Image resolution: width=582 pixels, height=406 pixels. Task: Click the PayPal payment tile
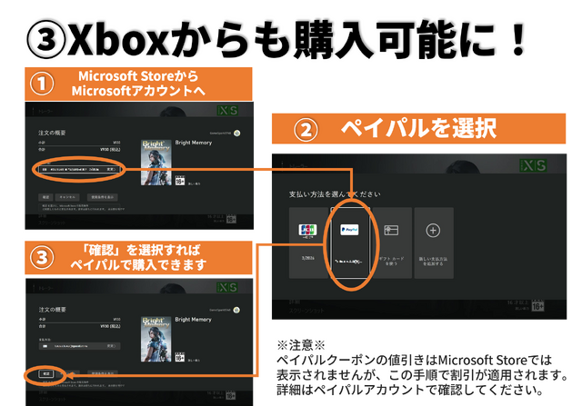(x=349, y=241)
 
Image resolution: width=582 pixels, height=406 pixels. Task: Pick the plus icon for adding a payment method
(x=434, y=231)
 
